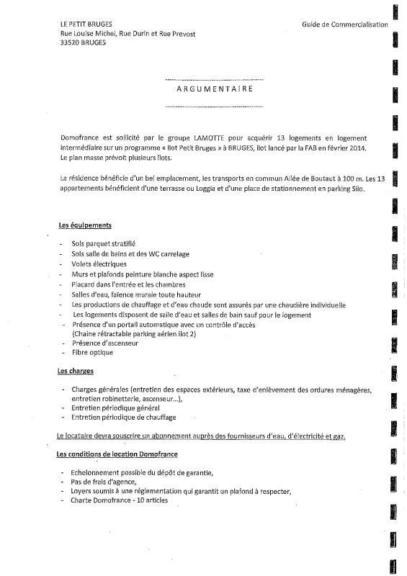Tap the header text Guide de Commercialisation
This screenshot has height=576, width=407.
(x=345, y=24)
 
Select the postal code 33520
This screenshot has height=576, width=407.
(x=73, y=42)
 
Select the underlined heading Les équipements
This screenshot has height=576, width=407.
(x=84, y=225)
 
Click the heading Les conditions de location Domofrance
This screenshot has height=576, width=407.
(x=117, y=454)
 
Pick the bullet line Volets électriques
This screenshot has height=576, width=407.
(x=99, y=264)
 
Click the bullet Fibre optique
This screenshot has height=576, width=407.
(x=93, y=353)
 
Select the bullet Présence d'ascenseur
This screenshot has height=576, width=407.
(x=106, y=343)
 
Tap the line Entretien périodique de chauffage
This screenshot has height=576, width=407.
(x=123, y=417)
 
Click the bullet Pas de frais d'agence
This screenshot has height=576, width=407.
(x=104, y=482)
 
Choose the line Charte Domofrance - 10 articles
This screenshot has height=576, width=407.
(x=120, y=500)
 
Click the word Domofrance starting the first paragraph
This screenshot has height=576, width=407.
(x=84, y=138)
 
